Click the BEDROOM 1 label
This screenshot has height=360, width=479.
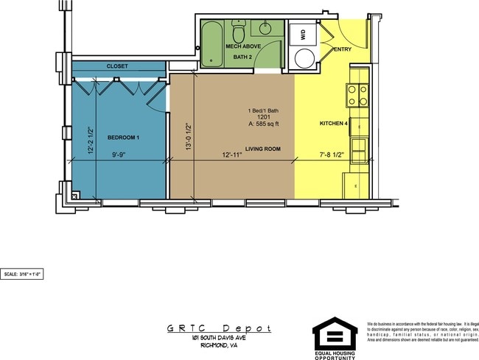(x=123, y=138)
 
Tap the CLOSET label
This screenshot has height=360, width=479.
(x=117, y=66)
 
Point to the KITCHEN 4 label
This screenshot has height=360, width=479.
(x=333, y=123)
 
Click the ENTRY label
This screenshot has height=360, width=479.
(x=343, y=49)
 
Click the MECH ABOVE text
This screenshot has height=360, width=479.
(x=240, y=46)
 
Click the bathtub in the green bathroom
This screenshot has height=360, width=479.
(x=211, y=44)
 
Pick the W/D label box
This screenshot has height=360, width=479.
(x=302, y=33)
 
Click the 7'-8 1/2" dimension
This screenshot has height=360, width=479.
(x=332, y=155)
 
